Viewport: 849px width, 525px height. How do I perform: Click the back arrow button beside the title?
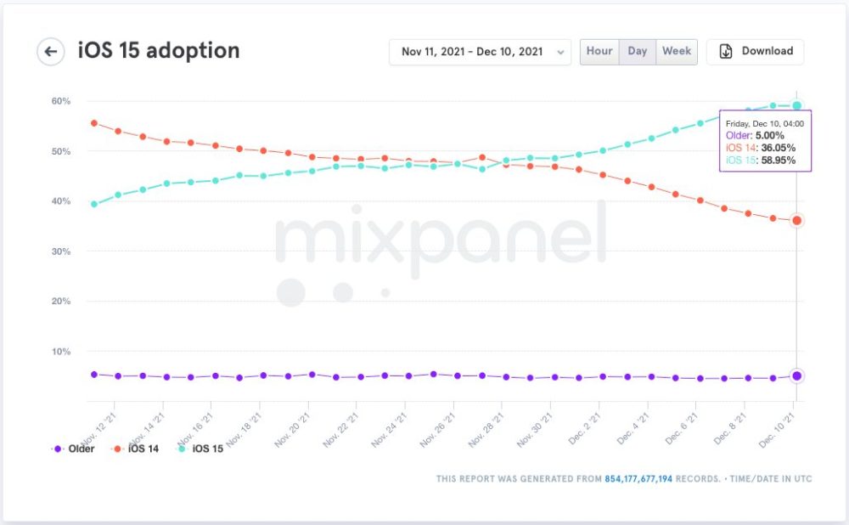pyautogui.click(x=51, y=52)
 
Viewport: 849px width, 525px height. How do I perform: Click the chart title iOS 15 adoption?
pyautogui.click(x=159, y=51)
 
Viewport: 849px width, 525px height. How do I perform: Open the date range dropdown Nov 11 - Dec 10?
pyautogui.click(x=480, y=52)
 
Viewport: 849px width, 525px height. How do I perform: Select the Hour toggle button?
pyautogui.click(x=599, y=51)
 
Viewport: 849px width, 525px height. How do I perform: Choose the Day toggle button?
pyautogui.click(x=638, y=51)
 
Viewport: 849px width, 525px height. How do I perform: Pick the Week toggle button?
pyautogui.click(x=677, y=51)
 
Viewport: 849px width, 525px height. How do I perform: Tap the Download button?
pyautogui.click(x=756, y=51)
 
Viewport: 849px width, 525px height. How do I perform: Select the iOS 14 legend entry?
pyautogui.click(x=139, y=449)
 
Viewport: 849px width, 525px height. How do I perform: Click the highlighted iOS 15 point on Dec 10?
pyautogui.click(x=796, y=105)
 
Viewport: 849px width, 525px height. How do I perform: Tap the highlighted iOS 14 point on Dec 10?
pyautogui.click(x=796, y=221)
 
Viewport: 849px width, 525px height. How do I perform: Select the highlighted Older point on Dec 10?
pyautogui.click(x=796, y=375)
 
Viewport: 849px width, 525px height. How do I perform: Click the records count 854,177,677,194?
pyautogui.click(x=638, y=479)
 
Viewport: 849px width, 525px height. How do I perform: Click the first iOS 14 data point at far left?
pyautogui.click(x=93, y=123)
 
